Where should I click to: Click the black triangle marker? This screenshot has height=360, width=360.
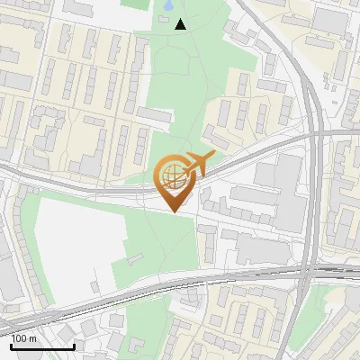coord(181,24)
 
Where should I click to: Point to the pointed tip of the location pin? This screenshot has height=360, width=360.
coord(174,211)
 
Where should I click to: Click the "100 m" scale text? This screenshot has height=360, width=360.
coord(24,338)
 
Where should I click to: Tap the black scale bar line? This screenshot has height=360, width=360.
coord(42,346)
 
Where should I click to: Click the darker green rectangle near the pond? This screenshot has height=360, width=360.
coord(135,4)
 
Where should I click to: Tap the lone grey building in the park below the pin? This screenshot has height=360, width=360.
coord(135,260)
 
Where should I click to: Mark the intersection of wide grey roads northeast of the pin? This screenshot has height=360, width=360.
coord(315,135)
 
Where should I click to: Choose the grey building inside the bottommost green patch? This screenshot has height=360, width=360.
coord(136,345)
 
